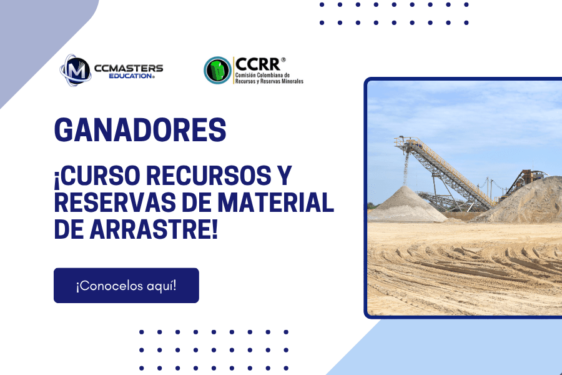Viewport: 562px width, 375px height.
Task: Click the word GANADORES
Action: coord(140,129)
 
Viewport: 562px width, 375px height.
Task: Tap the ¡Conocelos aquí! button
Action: coord(126,285)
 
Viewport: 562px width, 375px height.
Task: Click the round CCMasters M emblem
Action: coord(76,71)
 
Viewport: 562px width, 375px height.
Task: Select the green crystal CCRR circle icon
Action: coord(217,71)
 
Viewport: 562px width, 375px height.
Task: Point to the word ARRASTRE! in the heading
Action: coord(154,229)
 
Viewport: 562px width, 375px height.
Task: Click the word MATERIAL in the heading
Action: coord(276,202)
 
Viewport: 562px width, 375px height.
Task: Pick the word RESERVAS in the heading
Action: coord(115,202)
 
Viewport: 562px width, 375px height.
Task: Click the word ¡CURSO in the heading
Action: coord(97,176)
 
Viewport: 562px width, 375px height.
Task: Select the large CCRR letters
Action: coord(258,64)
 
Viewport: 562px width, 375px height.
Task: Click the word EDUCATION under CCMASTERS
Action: coord(131,76)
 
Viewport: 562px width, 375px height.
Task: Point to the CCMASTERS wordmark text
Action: coord(128,68)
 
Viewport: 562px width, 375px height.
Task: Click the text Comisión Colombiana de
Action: coord(262,76)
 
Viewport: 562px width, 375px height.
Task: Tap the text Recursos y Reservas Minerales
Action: coord(269,81)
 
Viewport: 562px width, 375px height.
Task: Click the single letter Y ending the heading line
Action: coord(285,175)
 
